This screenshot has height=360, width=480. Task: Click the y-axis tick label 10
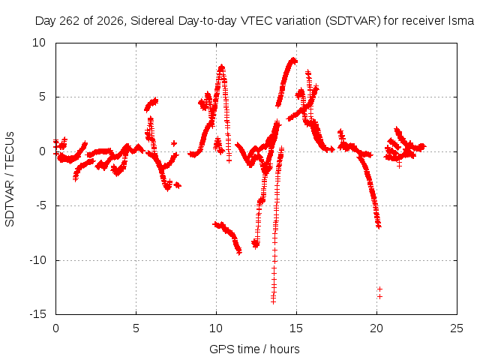coord(39,43)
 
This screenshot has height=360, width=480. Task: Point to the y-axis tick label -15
coord(38,314)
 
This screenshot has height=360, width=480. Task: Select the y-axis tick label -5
coord(40,205)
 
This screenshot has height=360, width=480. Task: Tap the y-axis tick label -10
coord(38,260)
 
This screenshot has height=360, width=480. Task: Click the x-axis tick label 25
coord(457,328)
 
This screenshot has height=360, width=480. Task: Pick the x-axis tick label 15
coord(296,328)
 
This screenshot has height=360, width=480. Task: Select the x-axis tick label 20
coord(376,328)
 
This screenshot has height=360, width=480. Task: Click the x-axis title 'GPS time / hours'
coord(254,349)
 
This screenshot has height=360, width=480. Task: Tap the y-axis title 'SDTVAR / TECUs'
coord(10,179)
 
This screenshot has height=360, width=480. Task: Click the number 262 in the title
coord(69,21)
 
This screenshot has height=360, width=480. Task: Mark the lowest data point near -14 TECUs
coord(273,301)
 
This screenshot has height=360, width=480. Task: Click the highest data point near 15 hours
coord(293,60)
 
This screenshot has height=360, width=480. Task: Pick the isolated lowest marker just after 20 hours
coord(379,296)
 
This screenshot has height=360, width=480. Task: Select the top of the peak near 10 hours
coord(222,67)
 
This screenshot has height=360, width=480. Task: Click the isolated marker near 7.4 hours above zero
coord(174,143)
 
